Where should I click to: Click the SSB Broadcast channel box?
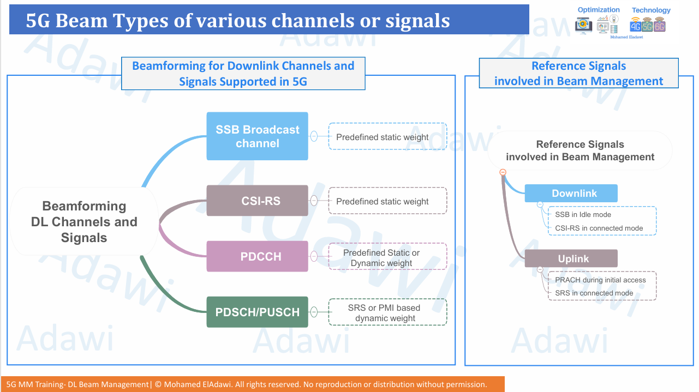257,136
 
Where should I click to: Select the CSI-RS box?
257,201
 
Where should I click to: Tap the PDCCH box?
257,256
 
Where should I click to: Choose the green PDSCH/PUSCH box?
257,312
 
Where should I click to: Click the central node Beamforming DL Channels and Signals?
84,222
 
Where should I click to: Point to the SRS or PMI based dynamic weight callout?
387,312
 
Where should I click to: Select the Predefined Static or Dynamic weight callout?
387,257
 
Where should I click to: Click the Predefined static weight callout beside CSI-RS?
387,201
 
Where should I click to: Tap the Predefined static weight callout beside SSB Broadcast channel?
387,137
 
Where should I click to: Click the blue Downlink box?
571,194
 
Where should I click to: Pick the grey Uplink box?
571,258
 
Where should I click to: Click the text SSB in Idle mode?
583,215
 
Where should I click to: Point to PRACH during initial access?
600,280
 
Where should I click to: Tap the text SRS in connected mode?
594,293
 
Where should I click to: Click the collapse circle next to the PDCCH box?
314,256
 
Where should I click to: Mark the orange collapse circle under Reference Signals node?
503,172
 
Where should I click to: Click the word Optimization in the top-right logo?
599,10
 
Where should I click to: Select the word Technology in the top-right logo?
651,10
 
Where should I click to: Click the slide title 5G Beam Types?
238,21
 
